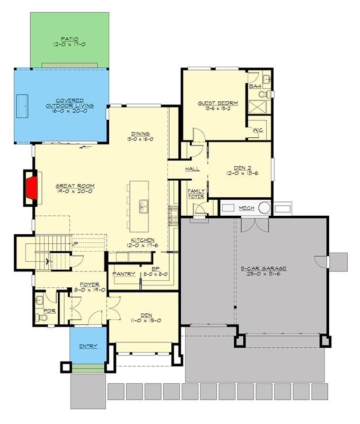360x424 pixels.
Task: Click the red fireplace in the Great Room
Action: [x=32, y=186]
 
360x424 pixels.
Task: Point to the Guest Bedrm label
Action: [x=217, y=103]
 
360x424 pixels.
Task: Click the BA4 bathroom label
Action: [x=254, y=86]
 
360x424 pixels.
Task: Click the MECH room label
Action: [x=247, y=208]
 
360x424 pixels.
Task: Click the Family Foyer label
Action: [x=196, y=193]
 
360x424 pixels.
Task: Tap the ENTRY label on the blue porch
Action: [x=88, y=346]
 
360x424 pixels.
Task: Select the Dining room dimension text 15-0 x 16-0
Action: [x=141, y=139]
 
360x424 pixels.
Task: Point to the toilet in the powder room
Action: [x=42, y=317]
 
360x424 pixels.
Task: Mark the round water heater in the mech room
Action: [x=263, y=208]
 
